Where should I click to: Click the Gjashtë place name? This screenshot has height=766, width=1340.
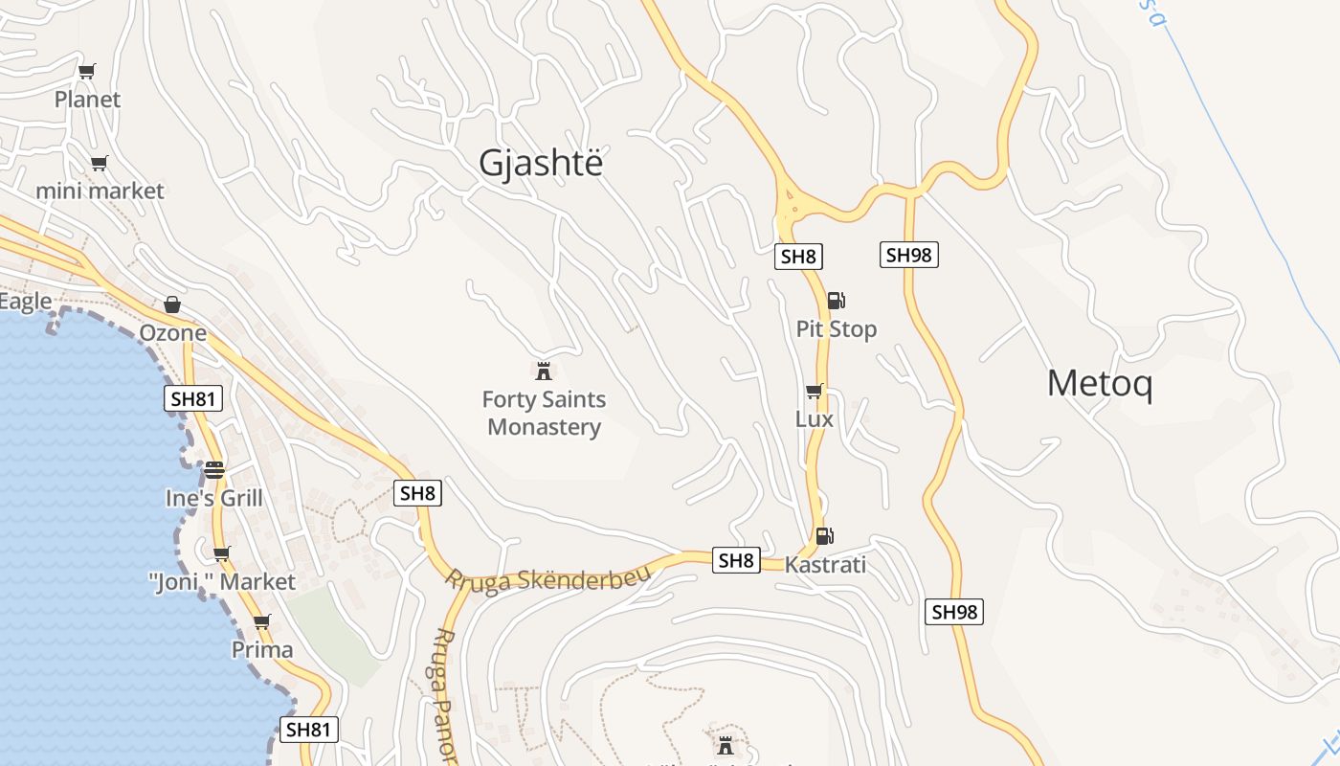[541, 164]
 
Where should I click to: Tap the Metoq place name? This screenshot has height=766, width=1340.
[1099, 384]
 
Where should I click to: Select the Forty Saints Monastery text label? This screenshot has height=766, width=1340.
[544, 413]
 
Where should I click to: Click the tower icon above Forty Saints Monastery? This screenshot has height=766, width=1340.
[544, 371]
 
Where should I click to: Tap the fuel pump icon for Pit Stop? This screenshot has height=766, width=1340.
[836, 301]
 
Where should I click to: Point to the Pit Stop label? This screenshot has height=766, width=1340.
[836, 329]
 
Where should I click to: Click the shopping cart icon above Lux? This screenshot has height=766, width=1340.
[814, 391]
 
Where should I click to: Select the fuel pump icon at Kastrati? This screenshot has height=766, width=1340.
[823, 536]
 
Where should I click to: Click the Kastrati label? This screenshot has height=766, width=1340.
[825, 565]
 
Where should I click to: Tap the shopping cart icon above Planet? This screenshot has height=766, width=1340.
[87, 71]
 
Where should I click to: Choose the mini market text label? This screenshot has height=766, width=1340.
[100, 191]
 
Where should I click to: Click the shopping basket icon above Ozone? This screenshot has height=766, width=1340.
[172, 304]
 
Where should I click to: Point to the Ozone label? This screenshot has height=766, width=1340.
[172, 332]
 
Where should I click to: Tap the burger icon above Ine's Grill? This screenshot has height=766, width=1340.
[213, 470]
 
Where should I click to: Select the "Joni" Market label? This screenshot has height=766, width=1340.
[222, 581]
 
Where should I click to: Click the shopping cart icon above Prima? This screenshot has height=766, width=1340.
[261, 621]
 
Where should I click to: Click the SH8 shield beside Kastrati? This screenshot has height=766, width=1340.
[735, 561]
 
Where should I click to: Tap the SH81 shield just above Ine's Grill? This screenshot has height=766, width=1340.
[192, 399]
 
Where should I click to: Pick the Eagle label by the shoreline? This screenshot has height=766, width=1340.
[25, 302]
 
